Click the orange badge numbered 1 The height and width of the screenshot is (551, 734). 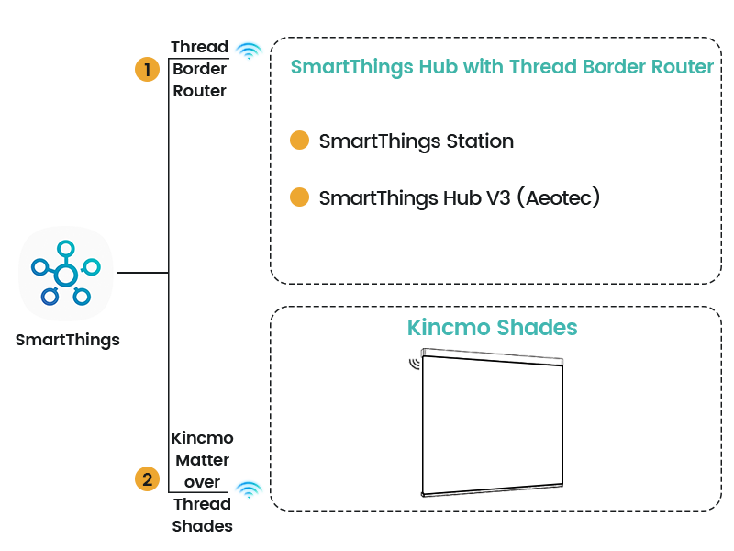click(146, 70)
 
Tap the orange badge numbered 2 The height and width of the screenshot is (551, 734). click(146, 478)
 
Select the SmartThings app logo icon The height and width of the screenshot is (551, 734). click(66, 273)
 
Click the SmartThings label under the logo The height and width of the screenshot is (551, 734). click(68, 341)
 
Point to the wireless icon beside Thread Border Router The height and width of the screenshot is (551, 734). click(248, 50)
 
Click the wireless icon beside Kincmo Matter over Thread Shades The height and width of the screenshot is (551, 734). click(248, 489)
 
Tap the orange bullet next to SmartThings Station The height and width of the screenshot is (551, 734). click(298, 141)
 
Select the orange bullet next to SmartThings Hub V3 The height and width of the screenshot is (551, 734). click(298, 197)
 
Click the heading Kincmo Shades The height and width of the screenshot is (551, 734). click(492, 328)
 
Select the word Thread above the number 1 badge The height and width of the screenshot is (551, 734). click(199, 47)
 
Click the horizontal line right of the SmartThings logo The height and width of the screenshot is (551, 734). click(140, 273)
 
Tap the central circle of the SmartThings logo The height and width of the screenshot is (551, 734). click(65, 274)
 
